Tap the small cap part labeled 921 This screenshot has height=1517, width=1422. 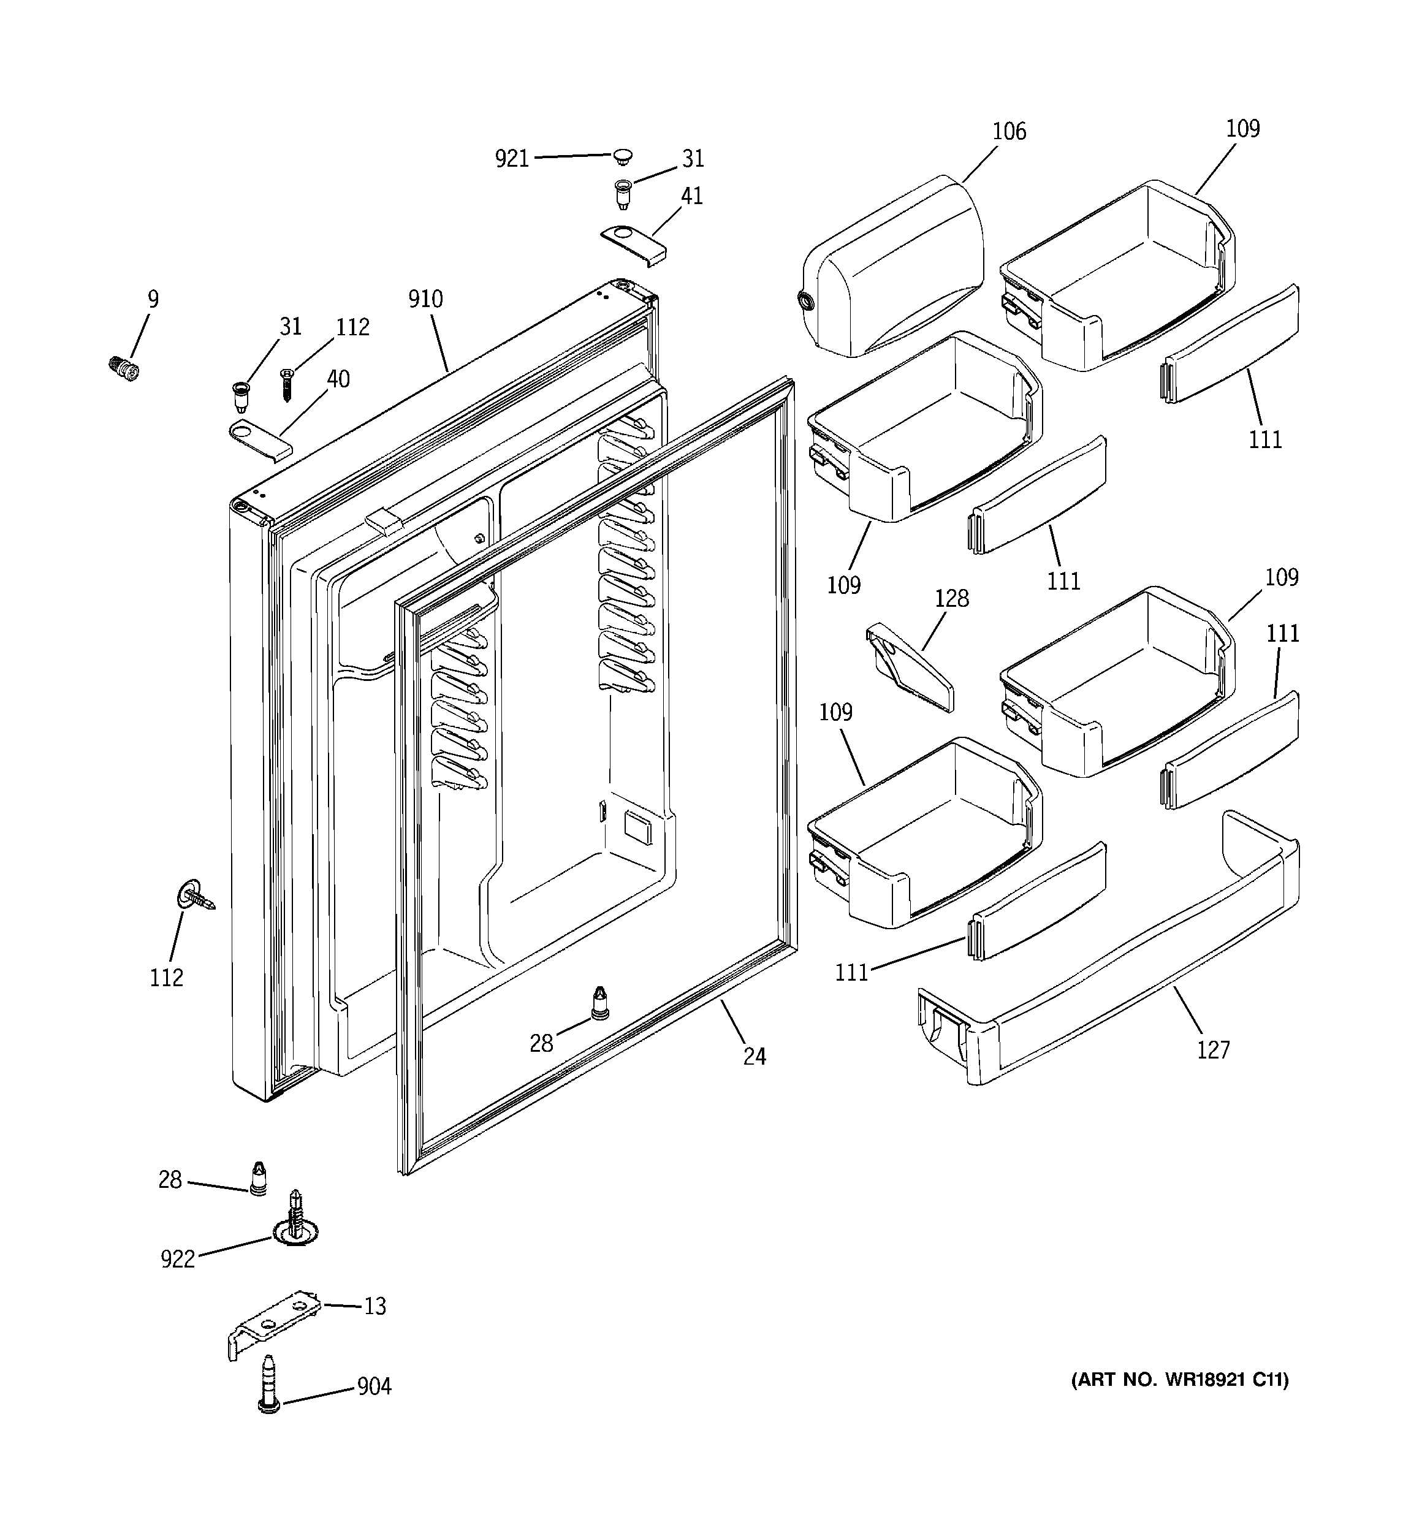coord(623,156)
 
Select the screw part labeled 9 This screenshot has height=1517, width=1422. coord(124,368)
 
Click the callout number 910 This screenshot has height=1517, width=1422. coord(425,299)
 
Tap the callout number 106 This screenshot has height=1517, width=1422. coord(1008,132)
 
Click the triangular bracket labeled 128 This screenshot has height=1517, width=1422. coord(910,666)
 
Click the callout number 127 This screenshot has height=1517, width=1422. coord(1213,1051)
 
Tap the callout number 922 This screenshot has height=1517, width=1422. coord(178,1259)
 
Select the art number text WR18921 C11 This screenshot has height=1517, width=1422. coord(1180,1380)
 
